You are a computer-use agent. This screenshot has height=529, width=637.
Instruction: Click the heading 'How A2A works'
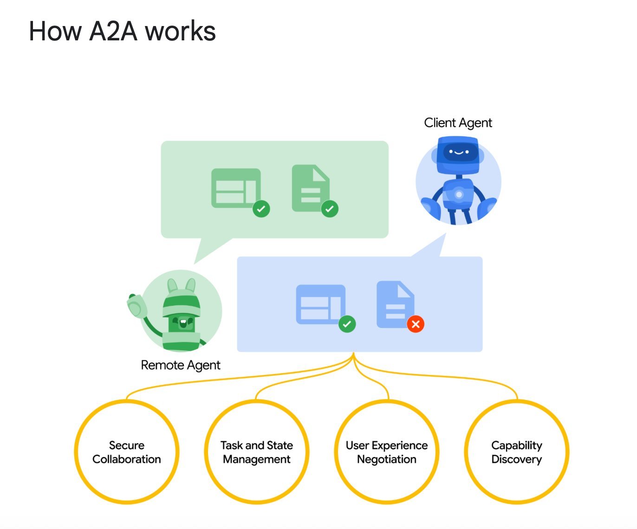click(122, 32)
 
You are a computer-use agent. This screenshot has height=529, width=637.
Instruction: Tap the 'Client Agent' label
click(458, 123)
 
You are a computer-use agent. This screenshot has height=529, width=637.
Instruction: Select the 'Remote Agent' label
click(180, 365)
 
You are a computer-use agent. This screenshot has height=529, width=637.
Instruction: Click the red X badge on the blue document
click(416, 324)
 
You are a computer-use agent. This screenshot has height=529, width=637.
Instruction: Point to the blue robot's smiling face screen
click(459, 152)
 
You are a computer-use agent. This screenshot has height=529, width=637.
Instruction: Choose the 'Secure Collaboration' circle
click(127, 452)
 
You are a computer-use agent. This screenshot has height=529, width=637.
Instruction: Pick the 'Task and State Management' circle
click(257, 452)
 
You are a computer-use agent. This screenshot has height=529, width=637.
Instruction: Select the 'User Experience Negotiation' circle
click(387, 452)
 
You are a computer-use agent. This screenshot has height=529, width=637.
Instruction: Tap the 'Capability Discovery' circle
click(517, 452)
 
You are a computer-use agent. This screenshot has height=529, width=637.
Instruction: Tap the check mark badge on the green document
click(330, 209)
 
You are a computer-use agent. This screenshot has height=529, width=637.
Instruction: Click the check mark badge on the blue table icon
click(347, 324)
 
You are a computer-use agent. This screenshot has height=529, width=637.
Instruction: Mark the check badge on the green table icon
click(261, 209)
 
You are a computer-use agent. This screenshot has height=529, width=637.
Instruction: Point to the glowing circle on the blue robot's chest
click(459, 194)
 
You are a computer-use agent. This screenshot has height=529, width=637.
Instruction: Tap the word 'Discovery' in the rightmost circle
click(517, 459)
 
